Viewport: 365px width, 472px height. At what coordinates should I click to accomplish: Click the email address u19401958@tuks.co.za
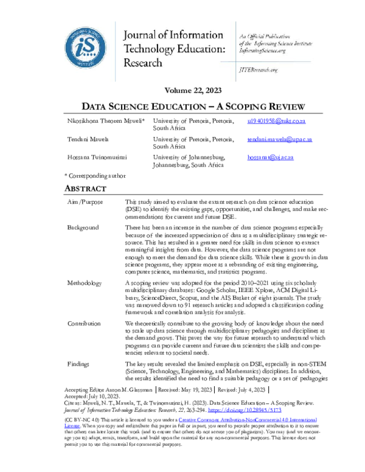[x=276, y=122]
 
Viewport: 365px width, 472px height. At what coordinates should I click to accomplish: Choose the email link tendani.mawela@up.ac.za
[x=279, y=139]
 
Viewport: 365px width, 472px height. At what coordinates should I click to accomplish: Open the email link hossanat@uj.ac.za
[x=270, y=157]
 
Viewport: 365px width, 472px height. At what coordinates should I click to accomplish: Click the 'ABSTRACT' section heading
[x=85, y=189]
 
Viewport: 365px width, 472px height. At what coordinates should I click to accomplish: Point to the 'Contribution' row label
[x=85, y=323]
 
